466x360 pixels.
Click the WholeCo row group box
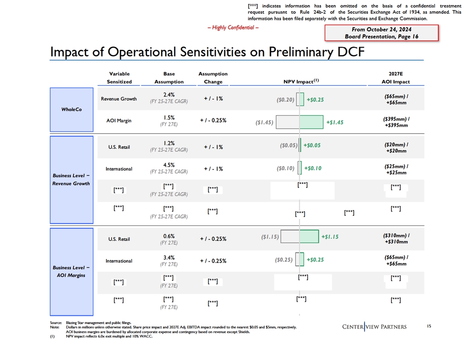click(72, 109)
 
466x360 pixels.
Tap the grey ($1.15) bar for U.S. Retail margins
click(290, 236)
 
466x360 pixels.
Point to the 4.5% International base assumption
click(169, 165)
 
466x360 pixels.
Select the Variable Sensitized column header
click(119, 78)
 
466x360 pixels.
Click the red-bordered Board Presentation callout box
click(381, 33)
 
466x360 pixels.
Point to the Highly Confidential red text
click(233, 28)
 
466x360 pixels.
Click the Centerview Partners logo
click(374, 326)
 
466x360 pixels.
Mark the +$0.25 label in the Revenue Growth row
click(315, 100)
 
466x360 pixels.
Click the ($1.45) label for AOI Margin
click(264, 123)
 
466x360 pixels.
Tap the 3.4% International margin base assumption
click(169, 257)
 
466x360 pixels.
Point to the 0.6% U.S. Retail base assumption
click(169, 235)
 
